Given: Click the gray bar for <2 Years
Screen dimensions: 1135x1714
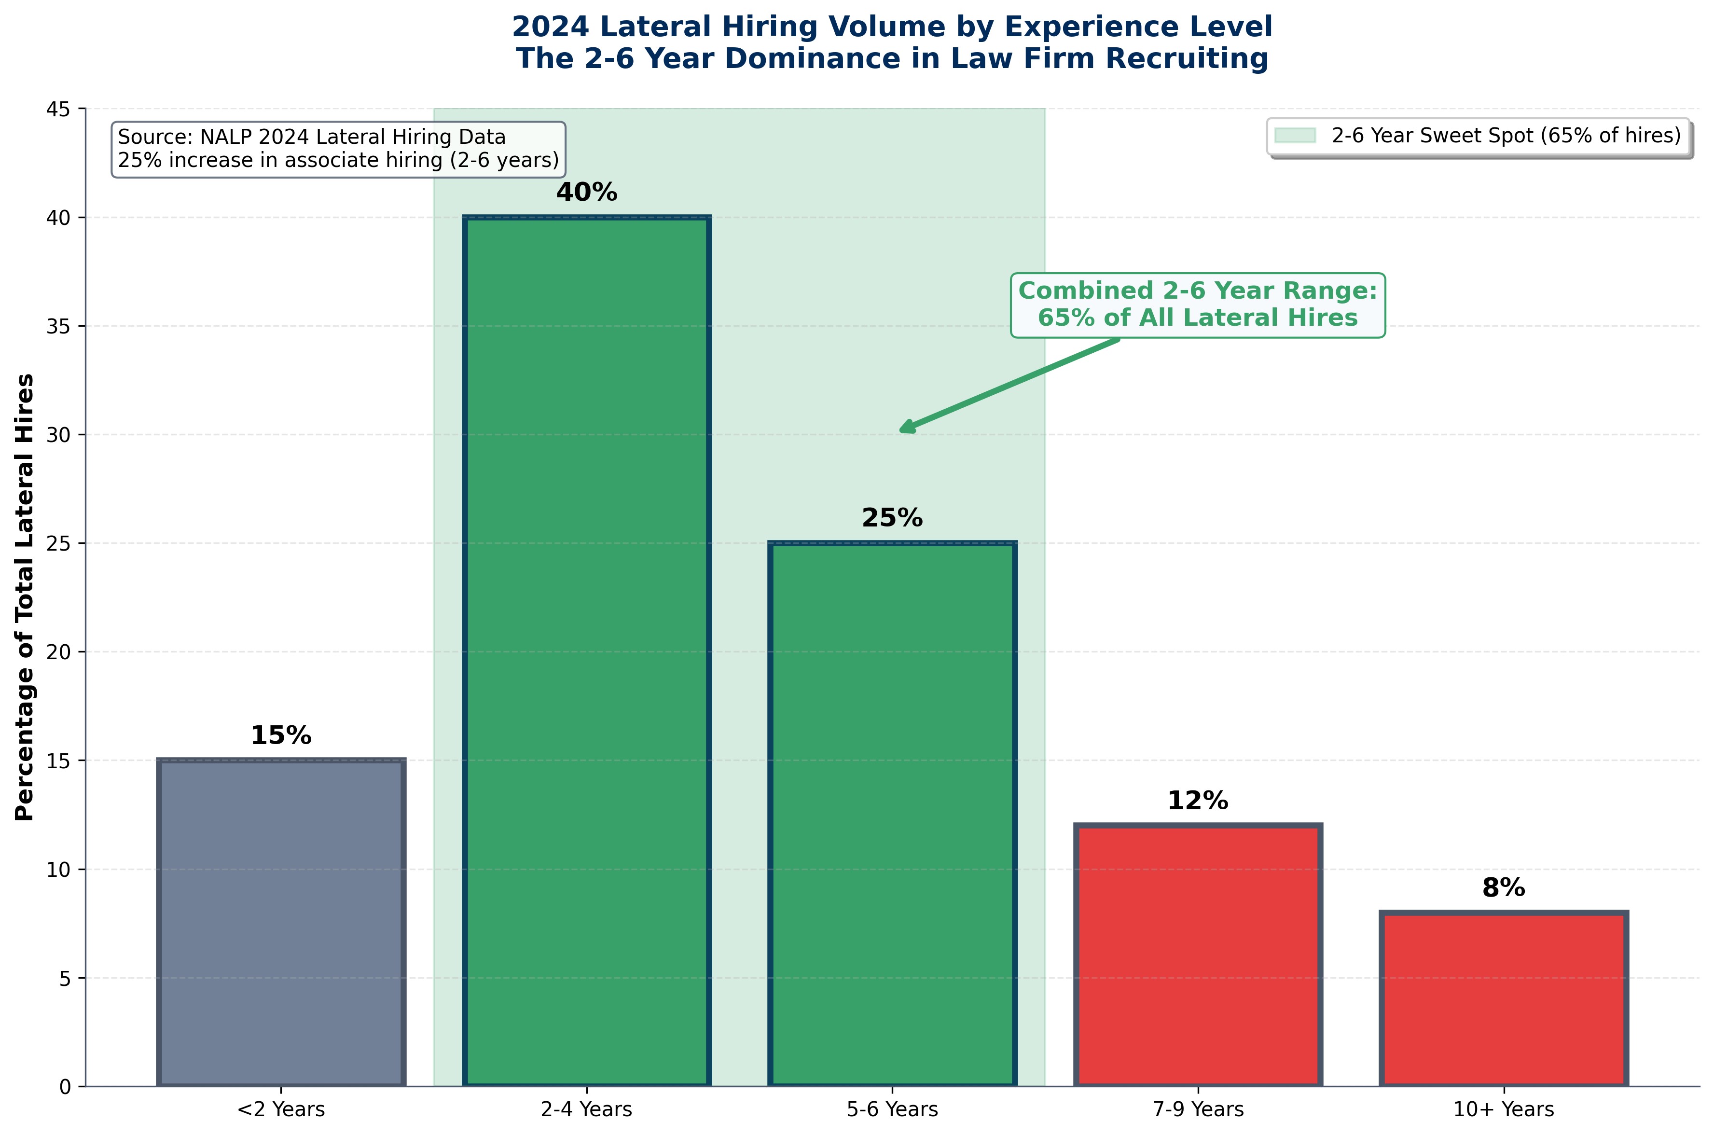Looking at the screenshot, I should (281, 922).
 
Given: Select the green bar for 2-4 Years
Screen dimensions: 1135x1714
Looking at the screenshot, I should (586, 651).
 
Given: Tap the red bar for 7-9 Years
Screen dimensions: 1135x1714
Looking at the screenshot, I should (1198, 955).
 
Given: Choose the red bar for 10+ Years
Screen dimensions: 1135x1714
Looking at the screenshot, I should (1504, 999).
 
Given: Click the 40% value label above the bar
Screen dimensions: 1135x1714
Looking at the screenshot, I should (586, 193).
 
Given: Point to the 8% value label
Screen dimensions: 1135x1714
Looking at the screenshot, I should (1504, 888).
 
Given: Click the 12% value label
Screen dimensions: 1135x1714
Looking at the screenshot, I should (1198, 801).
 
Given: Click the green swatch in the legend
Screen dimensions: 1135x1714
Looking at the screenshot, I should (1295, 135).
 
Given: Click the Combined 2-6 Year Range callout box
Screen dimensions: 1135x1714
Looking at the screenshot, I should (1197, 305).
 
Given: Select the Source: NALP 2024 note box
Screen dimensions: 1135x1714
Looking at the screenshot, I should (338, 149).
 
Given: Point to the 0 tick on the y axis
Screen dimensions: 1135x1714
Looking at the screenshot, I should (65, 1087).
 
